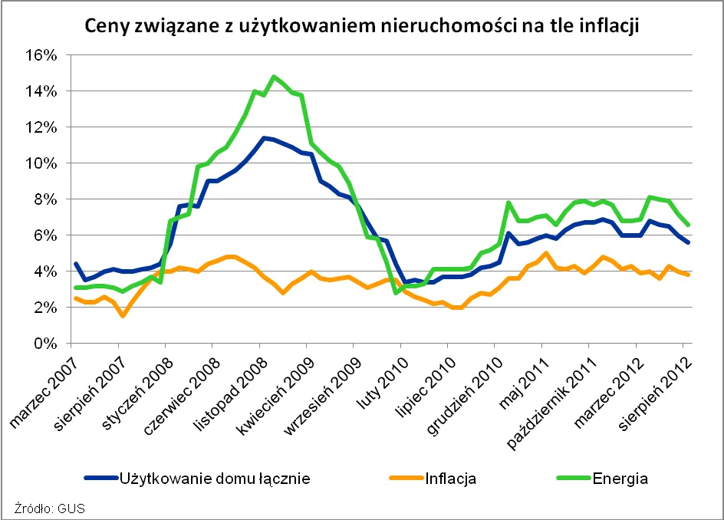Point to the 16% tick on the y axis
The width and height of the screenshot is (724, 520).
point(41,55)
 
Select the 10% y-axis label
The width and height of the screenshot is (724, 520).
point(41,163)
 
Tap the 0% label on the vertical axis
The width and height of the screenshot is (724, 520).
point(46,344)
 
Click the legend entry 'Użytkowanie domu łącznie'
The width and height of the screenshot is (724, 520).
point(214,479)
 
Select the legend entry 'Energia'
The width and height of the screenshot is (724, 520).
point(620,479)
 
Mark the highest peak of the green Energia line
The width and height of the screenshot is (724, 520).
point(274,77)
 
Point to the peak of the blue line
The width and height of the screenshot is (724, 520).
point(263,138)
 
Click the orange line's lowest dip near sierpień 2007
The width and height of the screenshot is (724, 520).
point(123,315)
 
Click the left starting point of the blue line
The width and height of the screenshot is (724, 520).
point(74,264)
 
